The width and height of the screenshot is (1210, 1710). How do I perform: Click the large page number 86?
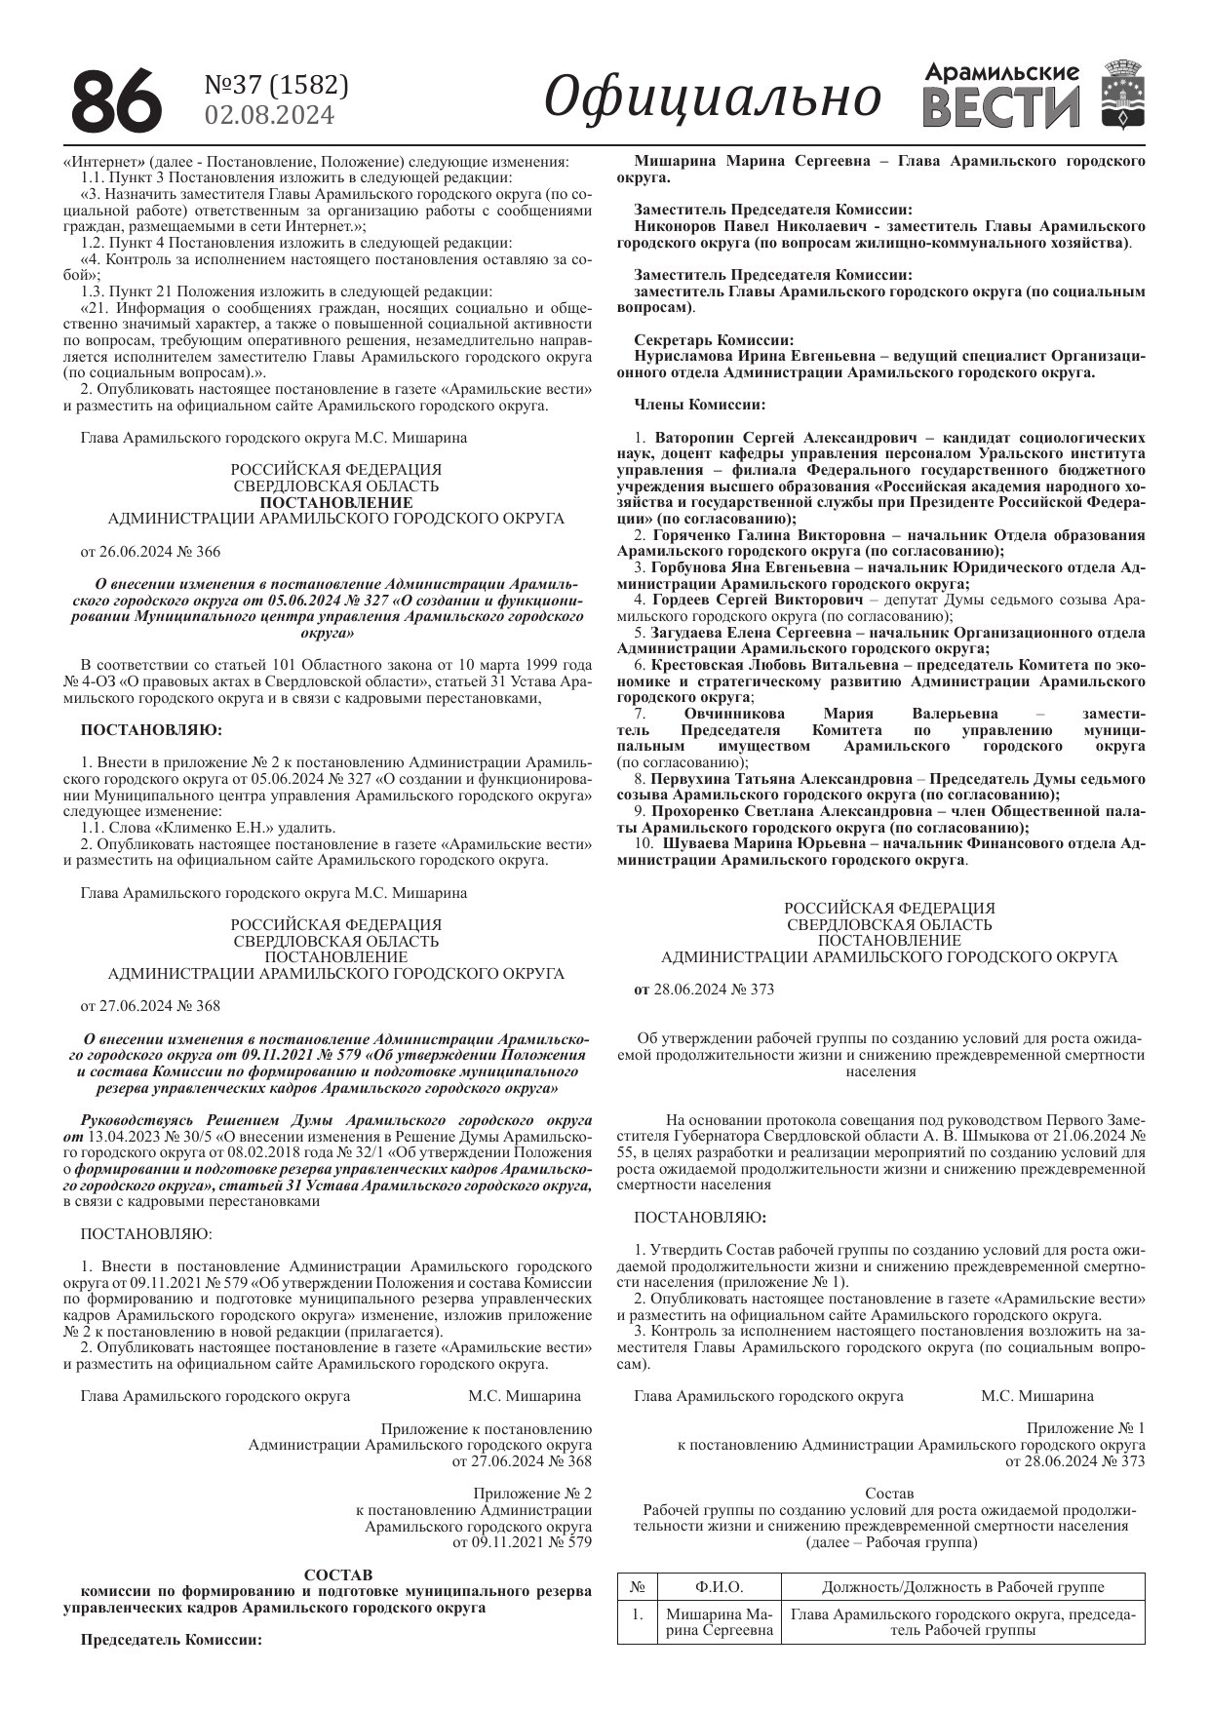coord(114,100)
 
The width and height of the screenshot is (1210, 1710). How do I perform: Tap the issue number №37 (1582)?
coord(276,86)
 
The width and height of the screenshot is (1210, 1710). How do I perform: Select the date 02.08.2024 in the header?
coord(269,115)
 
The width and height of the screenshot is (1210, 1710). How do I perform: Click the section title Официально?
coord(712,98)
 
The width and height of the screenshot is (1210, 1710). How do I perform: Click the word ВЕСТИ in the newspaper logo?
coord(1001,107)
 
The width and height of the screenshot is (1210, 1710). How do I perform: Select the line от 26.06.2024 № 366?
coord(150,552)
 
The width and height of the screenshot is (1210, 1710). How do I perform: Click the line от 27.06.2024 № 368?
coord(150,1006)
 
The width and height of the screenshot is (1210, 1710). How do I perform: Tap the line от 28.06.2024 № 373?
coord(704,990)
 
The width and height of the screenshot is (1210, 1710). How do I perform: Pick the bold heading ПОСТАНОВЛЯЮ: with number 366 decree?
coord(151,729)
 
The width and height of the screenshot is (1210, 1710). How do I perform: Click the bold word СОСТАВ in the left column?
coord(338,1575)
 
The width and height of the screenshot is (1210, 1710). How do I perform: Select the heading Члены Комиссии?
coord(699,405)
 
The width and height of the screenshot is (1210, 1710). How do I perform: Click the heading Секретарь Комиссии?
coord(714,340)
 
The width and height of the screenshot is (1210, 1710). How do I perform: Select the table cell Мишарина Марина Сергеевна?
coord(720,1622)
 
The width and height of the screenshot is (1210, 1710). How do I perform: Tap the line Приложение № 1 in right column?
coord(1084,1428)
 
